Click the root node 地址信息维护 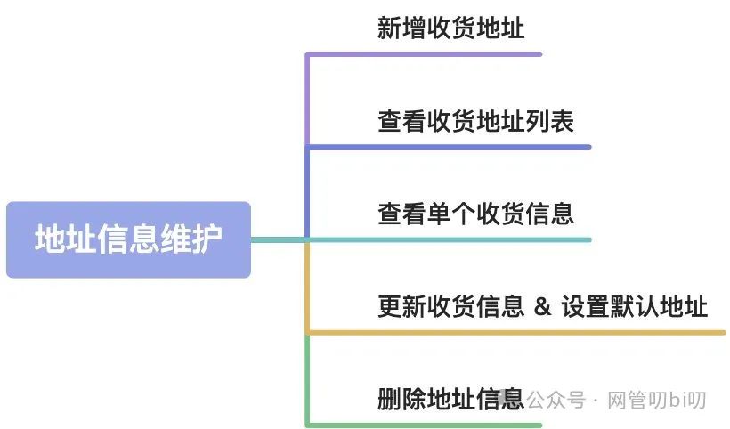(x=128, y=239)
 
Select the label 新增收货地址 (x=450, y=28)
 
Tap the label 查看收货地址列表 (x=475, y=122)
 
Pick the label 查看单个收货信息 (x=475, y=214)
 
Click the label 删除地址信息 (x=450, y=398)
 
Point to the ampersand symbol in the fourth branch (x=542, y=307)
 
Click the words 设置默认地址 (x=634, y=307)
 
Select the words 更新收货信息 (x=450, y=307)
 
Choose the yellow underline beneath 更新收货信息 (x=516, y=333)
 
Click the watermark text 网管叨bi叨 (x=656, y=400)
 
